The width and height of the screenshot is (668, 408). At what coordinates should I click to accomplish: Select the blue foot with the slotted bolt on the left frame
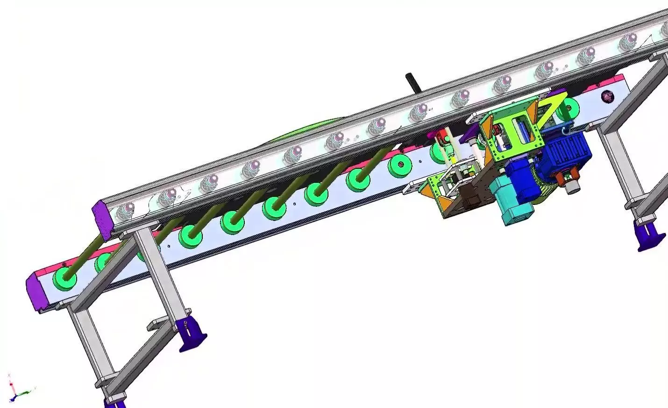coord(192,334)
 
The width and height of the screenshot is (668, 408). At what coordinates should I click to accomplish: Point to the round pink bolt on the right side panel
coord(607,97)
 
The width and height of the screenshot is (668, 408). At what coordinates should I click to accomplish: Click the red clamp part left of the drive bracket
coord(440,138)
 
